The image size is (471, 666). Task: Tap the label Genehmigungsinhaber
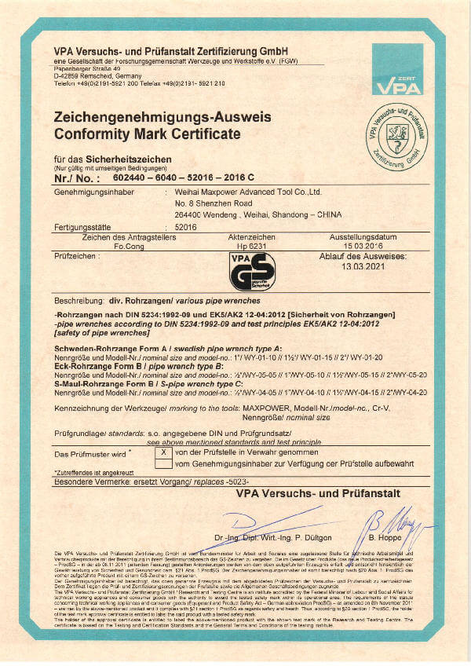[88, 191]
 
